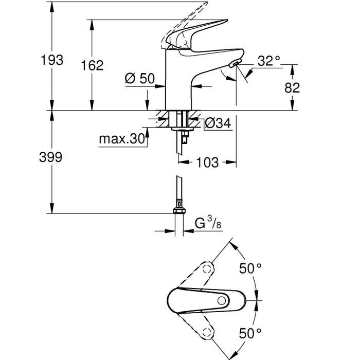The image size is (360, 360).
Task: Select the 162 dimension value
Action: tap(93, 65)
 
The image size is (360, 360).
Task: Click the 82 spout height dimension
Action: tap(292, 87)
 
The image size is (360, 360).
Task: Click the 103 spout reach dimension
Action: tap(207, 163)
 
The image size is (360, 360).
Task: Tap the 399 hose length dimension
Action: tap(51, 157)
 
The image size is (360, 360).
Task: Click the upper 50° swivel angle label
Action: tap(251, 268)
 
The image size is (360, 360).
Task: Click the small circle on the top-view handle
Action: tap(222, 300)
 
